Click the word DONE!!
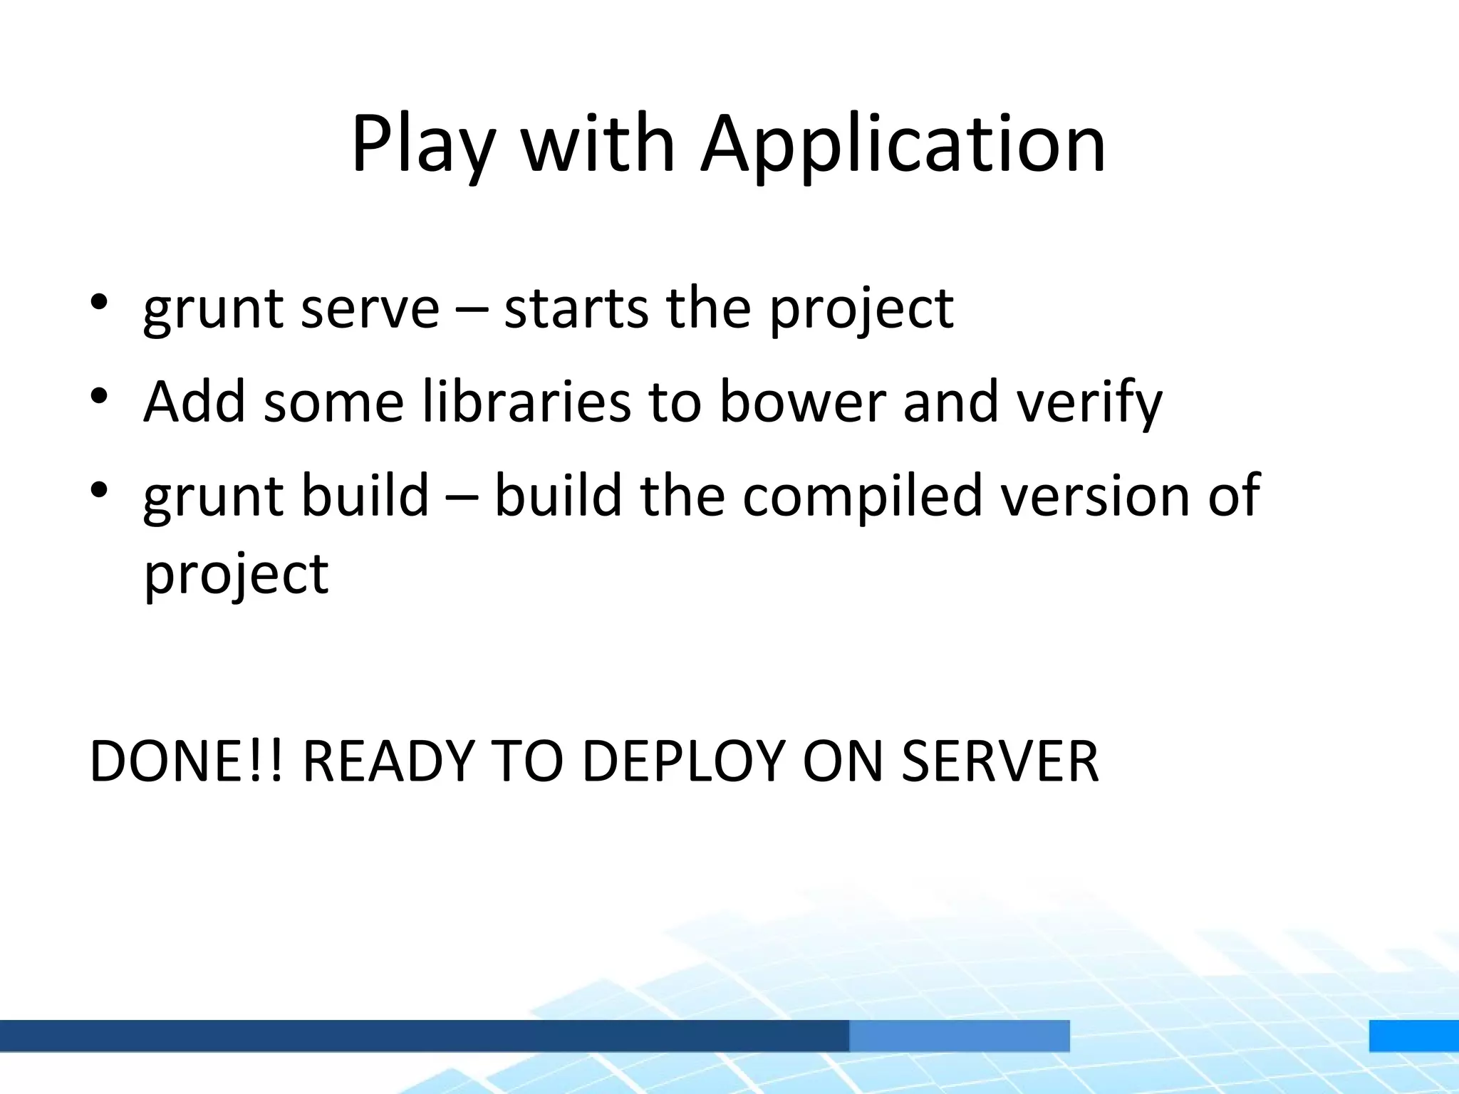click(x=186, y=761)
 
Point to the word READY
click(x=388, y=761)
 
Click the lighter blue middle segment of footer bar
click(x=959, y=1036)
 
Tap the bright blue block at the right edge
click(x=1413, y=1036)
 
